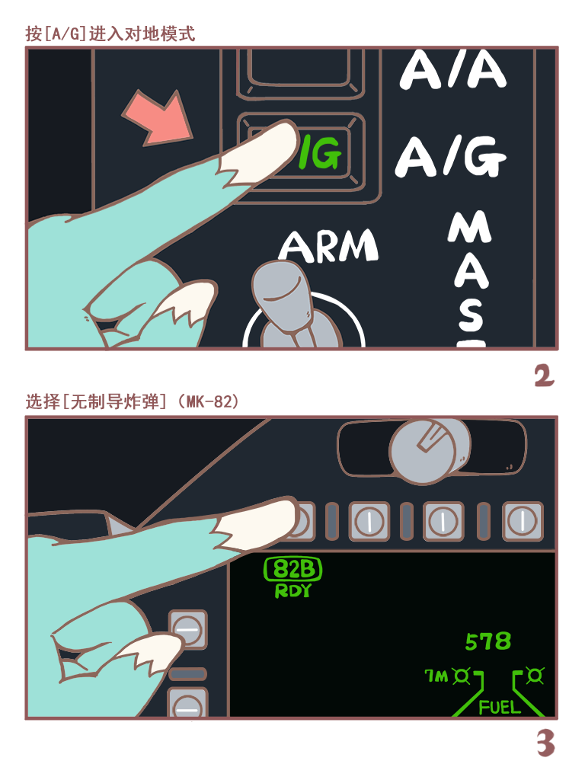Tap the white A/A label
tap(453, 70)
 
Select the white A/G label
tap(451, 157)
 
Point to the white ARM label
tap(328, 246)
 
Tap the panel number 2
tap(544, 376)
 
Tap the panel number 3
tap(545, 743)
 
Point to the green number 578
tap(488, 641)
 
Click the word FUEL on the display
tap(500, 708)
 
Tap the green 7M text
tap(436, 676)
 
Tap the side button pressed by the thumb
tap(188, 629)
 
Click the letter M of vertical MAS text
tap(468, 228)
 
